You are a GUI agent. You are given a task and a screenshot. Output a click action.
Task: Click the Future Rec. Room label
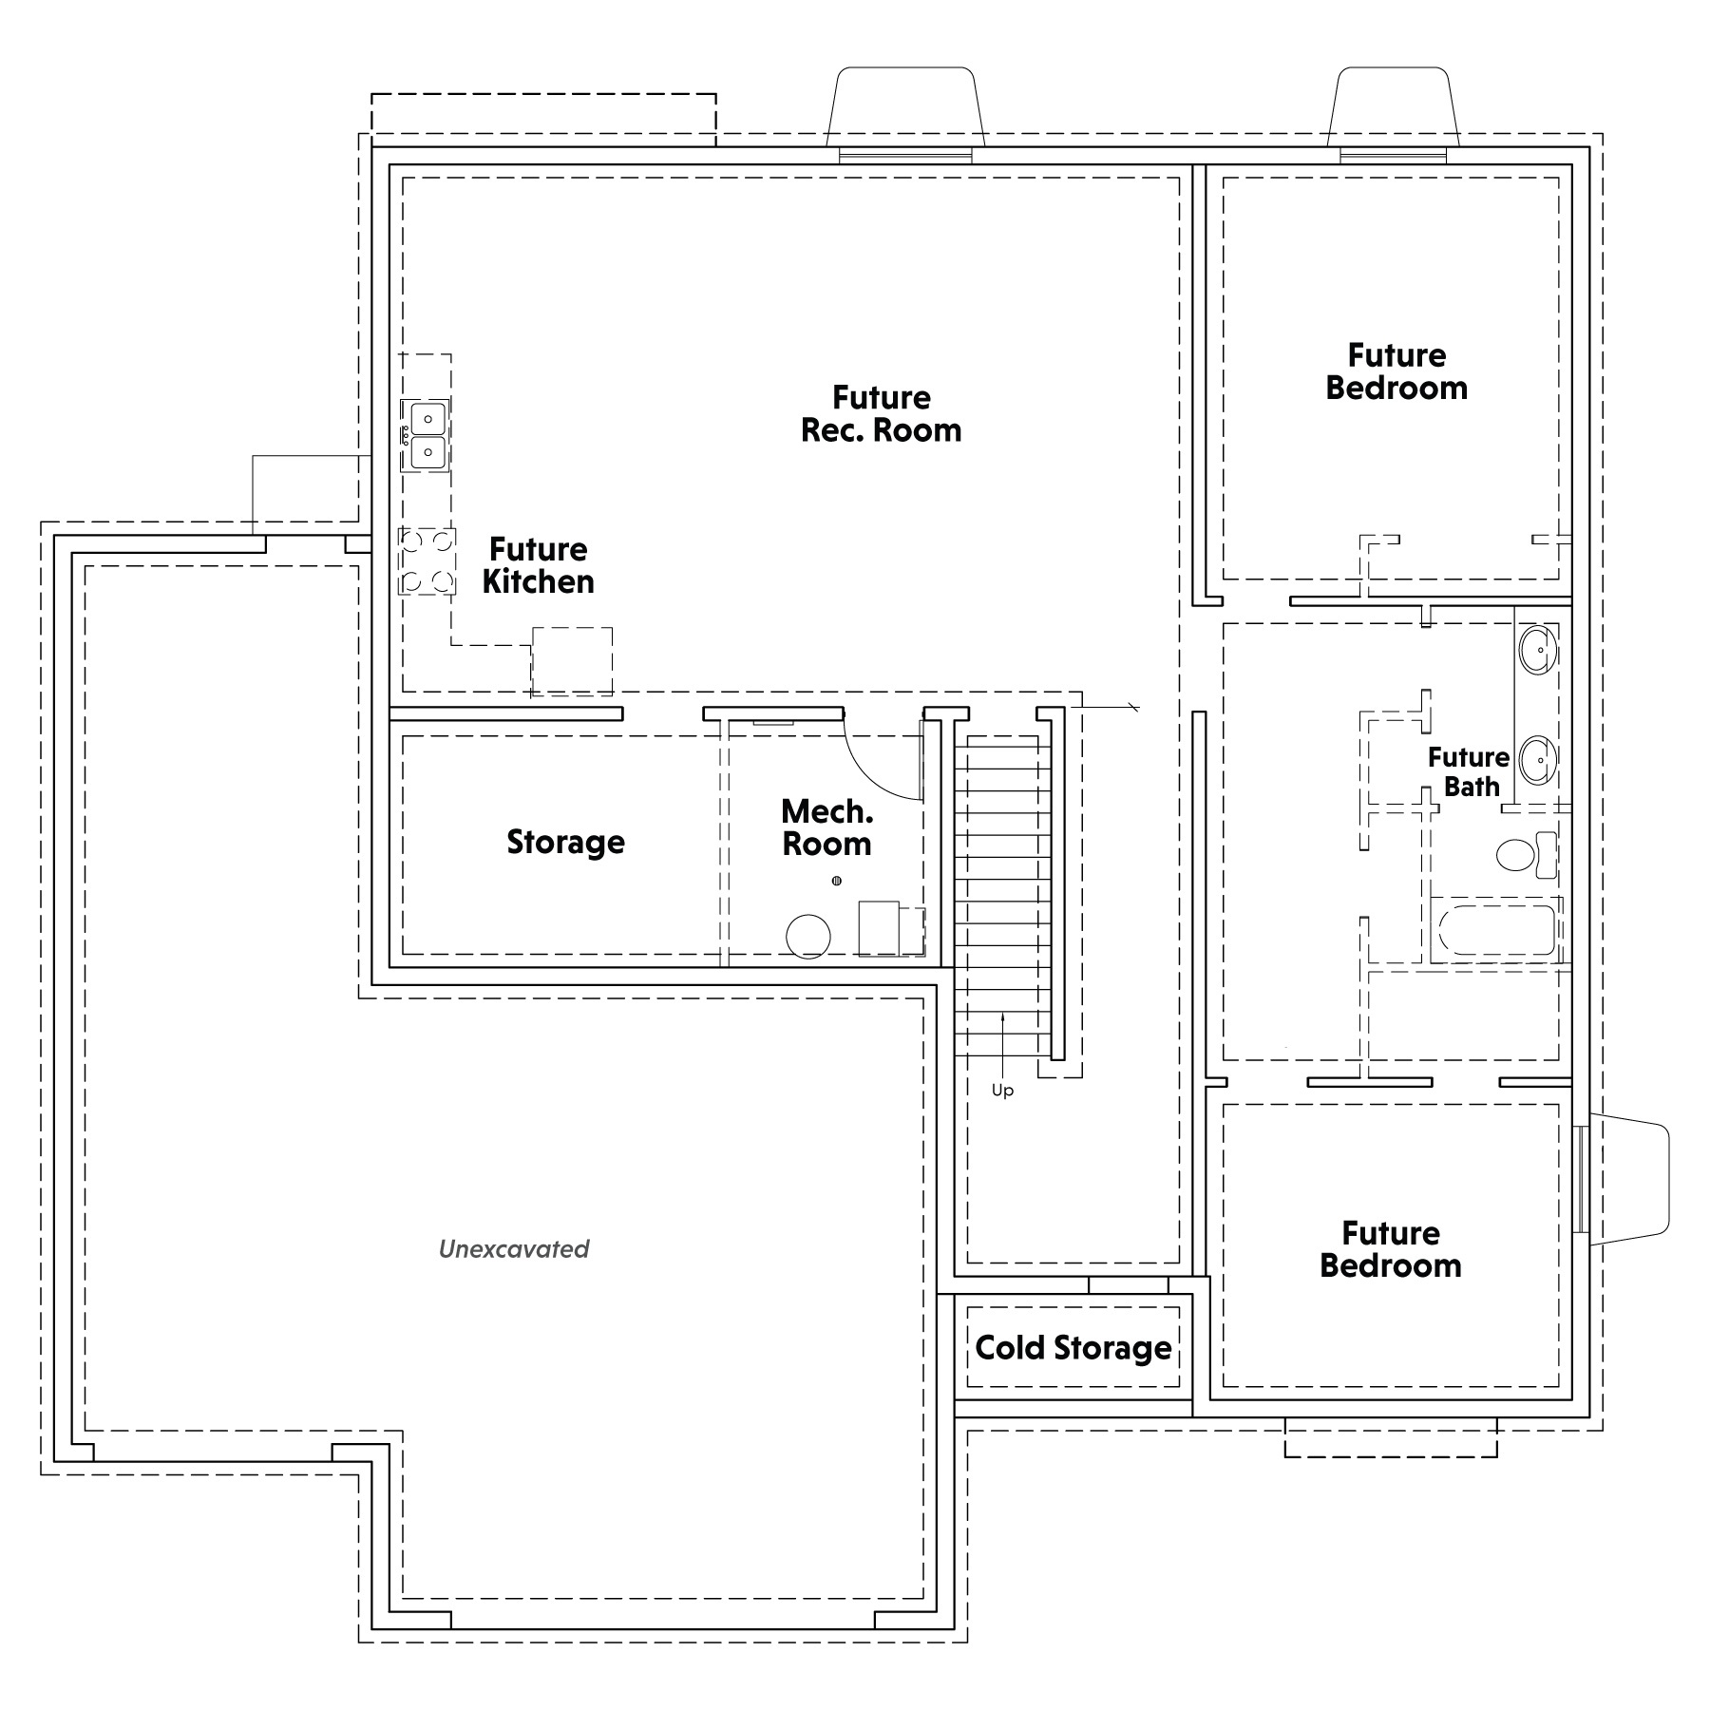point(881,414)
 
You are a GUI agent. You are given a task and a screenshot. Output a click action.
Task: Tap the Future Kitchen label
point(538,565)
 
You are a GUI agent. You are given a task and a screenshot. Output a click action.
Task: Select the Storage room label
point(565,842)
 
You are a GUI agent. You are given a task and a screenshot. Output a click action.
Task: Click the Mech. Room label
point(826,827)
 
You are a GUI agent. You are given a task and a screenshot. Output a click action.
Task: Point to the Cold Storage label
point(1073,1348)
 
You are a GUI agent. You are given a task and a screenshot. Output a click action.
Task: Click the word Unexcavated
point(514,1248)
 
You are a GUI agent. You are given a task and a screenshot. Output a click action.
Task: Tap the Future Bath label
point(1469,771)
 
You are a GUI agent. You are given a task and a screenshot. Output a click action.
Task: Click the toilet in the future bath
point(1527,855)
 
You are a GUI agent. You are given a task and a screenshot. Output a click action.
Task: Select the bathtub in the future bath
point(1496,929)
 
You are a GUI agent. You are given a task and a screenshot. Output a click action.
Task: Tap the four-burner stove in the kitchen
point(427,561)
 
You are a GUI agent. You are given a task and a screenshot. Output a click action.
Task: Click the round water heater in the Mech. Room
point(808,937)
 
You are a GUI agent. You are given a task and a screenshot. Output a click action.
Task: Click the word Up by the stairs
point(1002,1092)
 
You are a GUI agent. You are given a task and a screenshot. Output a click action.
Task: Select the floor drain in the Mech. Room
point(837,882)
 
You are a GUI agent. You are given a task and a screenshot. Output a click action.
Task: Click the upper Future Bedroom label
point(1396,371)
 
